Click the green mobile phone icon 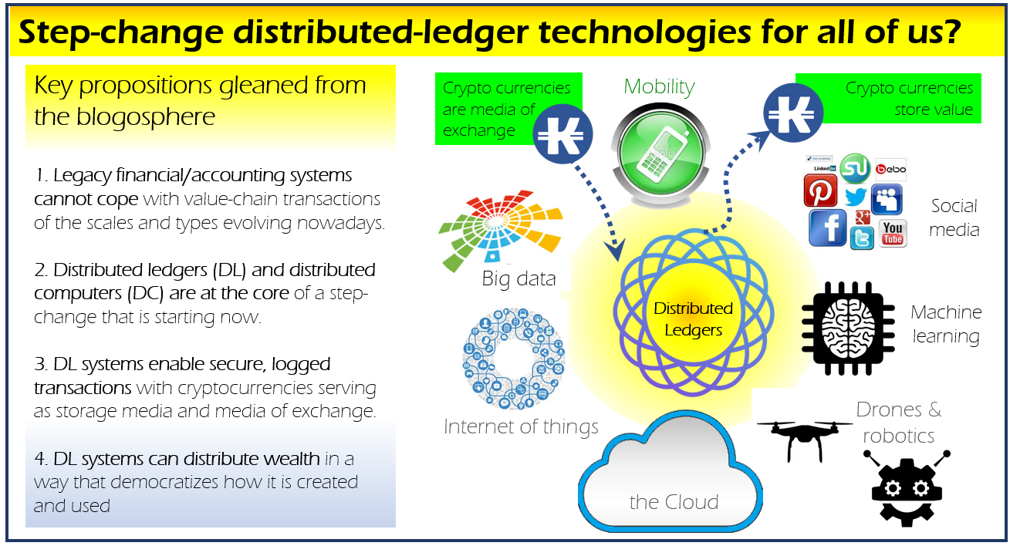(661, 153)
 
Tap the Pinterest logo (820, 190)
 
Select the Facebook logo (827, 228)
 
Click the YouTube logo (893, 234)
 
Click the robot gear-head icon (907, 488)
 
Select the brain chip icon (848, 329)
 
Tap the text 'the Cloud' (674, 502)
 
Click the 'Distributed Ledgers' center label (693, 319)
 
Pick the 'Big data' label (519, 279)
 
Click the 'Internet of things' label (521, 426)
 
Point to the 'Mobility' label (659, 87)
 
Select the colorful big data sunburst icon (501, 230)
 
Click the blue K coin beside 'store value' (793, 113)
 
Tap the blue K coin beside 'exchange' (562, 134)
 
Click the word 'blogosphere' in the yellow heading (145, 117)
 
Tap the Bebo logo (890, 169)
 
